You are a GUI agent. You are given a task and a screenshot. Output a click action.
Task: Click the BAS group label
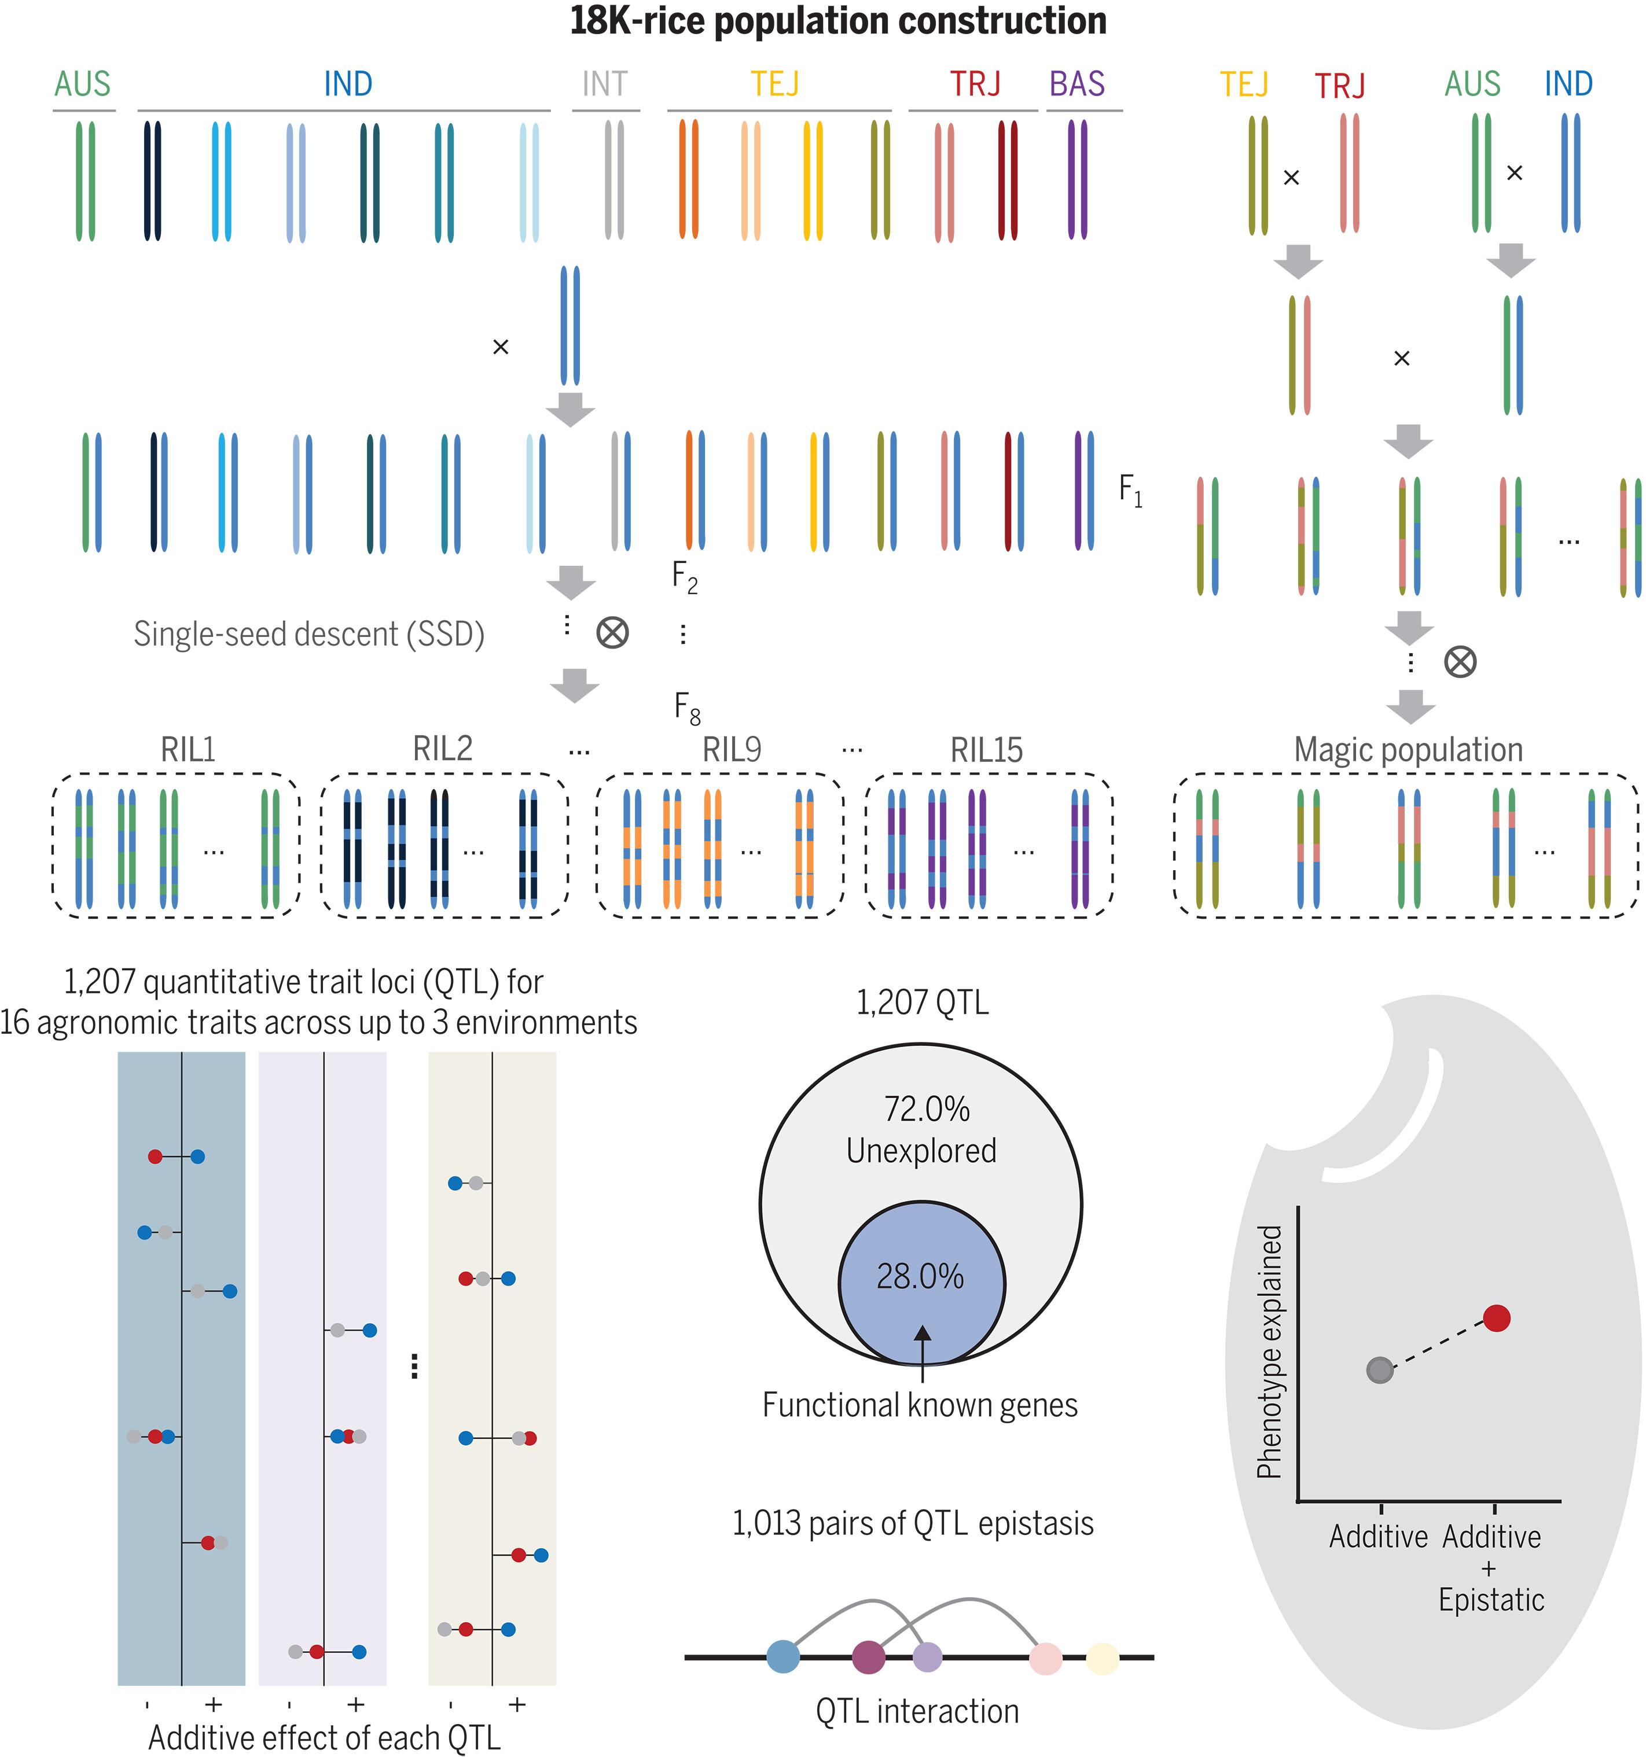click(x=1076, y=84)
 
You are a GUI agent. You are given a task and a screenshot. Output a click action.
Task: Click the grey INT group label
click(x=605, y=84)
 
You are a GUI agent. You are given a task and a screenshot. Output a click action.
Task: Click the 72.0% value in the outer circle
click(x=927, y=1108)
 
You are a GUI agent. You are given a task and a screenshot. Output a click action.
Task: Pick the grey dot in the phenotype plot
click(x=1380, y=1371)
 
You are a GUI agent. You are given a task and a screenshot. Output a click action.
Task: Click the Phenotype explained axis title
click(x=1269, y=1352)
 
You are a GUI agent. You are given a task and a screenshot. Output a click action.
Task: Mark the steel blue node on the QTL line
click(x=783, y=1656)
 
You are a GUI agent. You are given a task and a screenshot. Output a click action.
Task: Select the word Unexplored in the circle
click(x=921, y=1151)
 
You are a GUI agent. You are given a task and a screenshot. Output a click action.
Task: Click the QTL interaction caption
click(x=917, y=1711)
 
